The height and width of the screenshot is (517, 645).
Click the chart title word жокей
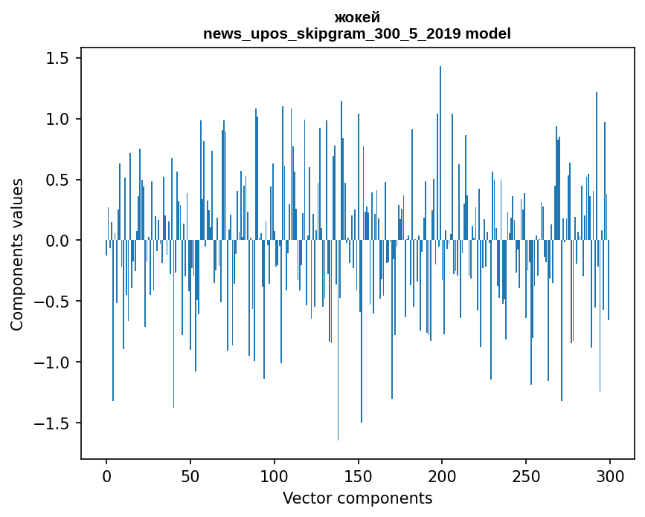click(357, 17)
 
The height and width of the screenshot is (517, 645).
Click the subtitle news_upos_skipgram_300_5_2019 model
click(357, 33)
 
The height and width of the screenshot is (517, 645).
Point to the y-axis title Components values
click(16, 254)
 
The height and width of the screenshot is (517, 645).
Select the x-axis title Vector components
click(357, 498)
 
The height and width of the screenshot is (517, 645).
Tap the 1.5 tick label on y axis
click(57, 59)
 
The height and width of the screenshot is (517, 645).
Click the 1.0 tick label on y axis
click(57, 120)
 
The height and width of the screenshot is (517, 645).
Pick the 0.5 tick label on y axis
click(57, 181)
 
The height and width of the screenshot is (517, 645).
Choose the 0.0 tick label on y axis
click(57, 241)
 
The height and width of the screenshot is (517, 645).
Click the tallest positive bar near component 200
click(440, 149)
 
